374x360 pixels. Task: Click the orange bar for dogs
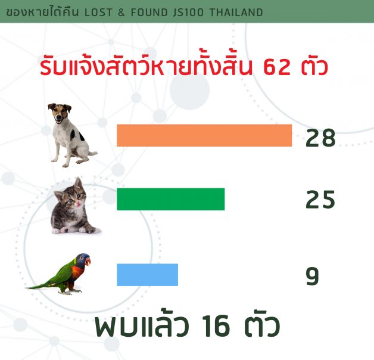[204, 135]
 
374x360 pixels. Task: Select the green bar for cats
[170, 199]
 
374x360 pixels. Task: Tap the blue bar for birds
[148, 275]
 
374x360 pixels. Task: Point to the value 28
[320, 138]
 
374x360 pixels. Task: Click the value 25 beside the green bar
[320, 200]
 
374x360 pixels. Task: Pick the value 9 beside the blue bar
[312, 276]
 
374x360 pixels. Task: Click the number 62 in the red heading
[277, 67]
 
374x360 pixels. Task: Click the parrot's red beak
[88, 261]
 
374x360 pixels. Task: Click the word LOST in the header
[98, 13]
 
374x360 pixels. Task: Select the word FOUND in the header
[149, 13]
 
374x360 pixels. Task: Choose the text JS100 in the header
[188, 13]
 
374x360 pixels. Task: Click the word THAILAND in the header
[236, 13]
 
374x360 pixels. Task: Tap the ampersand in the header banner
[121, 13]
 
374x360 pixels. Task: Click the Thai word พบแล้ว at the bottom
[142, 325]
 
